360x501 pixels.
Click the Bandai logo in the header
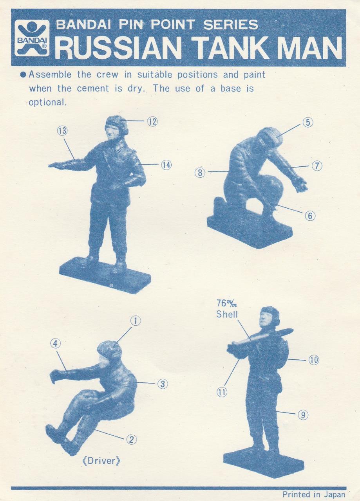32,38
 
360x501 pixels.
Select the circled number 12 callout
152,121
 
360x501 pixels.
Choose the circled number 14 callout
166,165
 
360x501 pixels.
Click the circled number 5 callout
308,123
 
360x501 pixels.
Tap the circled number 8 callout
200,173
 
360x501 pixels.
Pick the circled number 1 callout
136,321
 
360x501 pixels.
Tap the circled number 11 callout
222,392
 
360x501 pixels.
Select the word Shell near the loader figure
227,314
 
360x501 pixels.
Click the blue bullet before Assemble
23,74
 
